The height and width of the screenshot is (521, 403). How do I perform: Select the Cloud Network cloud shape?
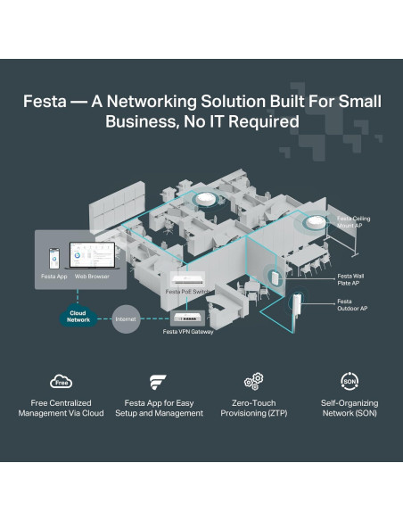point(78,317)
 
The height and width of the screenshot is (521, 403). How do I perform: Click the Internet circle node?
point(125,318)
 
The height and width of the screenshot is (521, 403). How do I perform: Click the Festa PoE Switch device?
point(189,277)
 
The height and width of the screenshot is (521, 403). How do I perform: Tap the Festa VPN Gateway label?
point(187,332)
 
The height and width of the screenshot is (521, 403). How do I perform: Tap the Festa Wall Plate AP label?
point(350,279)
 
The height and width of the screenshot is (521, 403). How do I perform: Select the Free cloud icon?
point(62,382)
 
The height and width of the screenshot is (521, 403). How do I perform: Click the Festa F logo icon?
point(159,382)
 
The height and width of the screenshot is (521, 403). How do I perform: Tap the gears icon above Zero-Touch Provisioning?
point(252,382)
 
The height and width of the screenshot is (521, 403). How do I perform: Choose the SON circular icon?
point(350,381)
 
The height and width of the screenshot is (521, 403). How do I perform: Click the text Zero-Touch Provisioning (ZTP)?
point(253,408)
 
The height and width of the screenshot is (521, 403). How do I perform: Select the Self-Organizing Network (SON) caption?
point(350,408)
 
